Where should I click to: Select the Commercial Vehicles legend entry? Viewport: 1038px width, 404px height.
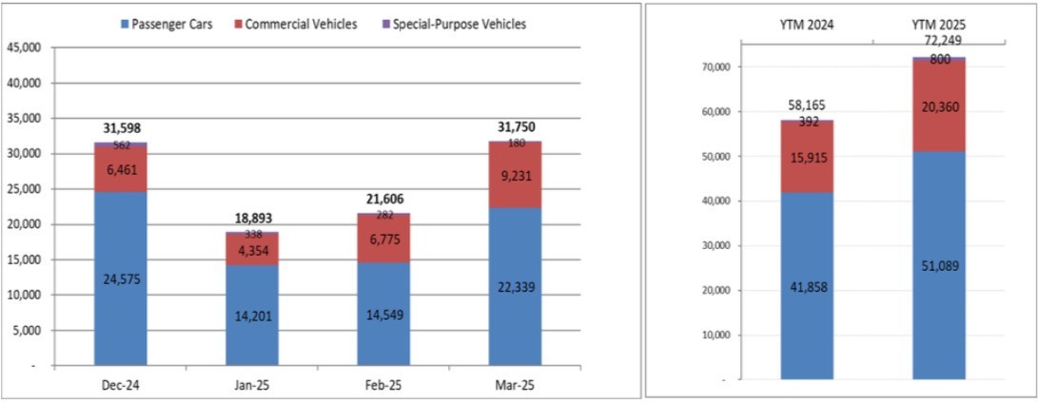300,24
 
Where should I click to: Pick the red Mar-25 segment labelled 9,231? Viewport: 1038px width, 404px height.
515,175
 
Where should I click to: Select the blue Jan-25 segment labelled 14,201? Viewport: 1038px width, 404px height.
252,315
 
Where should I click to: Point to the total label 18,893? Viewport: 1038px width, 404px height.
252,219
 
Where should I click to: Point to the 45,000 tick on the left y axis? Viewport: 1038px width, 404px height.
25,48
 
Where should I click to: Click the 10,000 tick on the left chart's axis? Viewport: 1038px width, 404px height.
25,295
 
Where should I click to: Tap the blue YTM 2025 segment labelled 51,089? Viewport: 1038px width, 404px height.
939,266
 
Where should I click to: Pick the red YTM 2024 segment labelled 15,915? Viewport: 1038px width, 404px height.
807,157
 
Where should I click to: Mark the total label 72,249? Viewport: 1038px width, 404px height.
939,43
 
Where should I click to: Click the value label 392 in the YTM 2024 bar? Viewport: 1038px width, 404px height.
807,122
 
